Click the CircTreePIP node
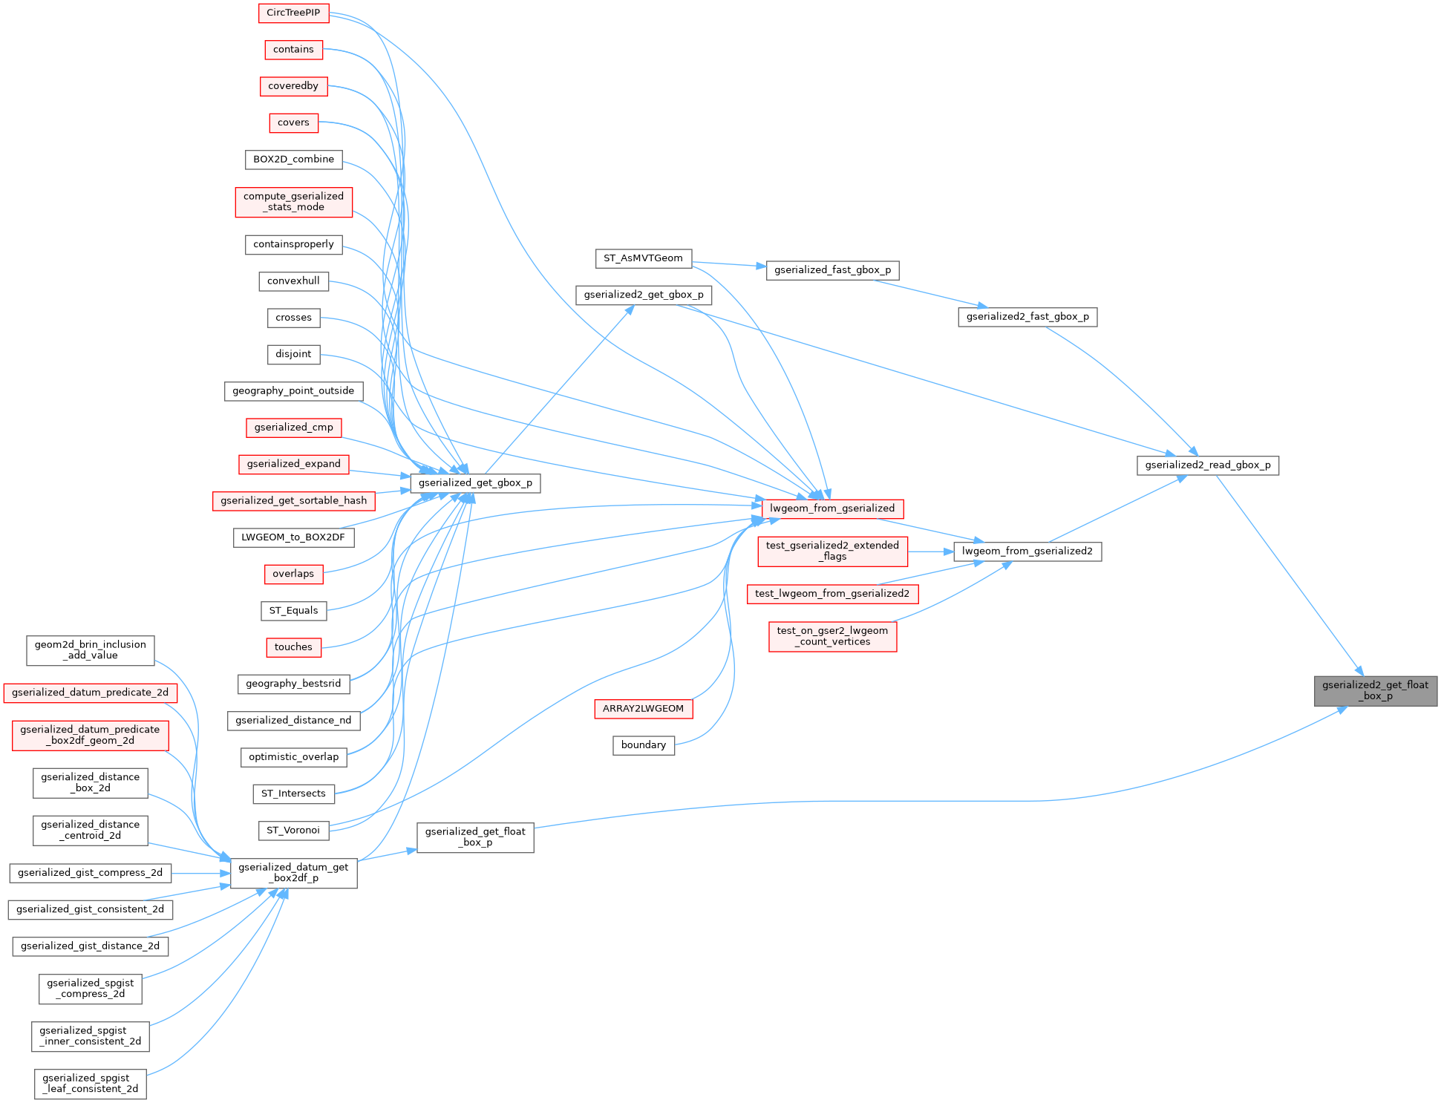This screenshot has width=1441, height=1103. pos(293,13)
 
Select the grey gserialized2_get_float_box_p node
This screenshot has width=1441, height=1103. pos(1375,690)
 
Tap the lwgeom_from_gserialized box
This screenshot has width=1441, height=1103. pos(831,508)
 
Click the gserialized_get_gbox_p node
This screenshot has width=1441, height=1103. pos(475,483)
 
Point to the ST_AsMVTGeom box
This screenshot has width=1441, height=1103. pos(643,258)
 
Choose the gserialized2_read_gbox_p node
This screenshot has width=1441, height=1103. pos(1207,465)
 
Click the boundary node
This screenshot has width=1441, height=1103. pos(643,745)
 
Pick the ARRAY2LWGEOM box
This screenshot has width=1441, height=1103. pos(643,709)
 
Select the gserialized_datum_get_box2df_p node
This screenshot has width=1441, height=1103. pos(293,872)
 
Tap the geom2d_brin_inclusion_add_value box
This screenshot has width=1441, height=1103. pos(90,650)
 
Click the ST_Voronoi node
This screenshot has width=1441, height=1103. pos(293,830)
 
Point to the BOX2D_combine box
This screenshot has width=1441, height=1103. pos(293,160)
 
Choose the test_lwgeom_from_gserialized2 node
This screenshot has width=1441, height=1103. pos(831,594)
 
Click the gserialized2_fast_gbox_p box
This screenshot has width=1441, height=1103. pos(1027,317)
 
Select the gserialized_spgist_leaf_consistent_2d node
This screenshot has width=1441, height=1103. pos(90,1084)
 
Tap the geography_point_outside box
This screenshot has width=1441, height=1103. pos(293,391)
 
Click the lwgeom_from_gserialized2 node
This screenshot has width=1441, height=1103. pos(1027,551)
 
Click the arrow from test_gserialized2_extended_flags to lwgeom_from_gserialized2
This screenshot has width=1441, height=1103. pos(930,551)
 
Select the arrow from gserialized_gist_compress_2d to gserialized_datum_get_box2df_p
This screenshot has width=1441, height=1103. pos(200,874)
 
